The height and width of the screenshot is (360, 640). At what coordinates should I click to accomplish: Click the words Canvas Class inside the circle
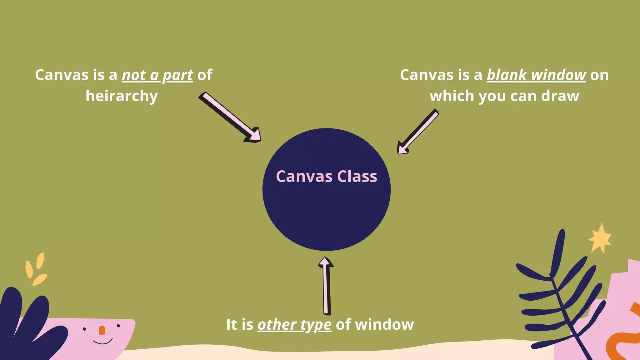coord(326,176)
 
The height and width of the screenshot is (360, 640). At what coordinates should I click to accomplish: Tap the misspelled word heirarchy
coord(122,96)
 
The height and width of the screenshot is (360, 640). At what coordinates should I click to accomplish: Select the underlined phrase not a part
coord(157,75)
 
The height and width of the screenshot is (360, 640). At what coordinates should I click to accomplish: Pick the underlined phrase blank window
coord(536,75)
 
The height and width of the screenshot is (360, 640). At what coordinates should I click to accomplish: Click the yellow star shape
coord(600,239)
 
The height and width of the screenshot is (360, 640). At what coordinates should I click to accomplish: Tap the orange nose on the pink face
coord(102,330)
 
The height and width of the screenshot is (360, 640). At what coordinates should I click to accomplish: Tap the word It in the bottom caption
coord(232,325)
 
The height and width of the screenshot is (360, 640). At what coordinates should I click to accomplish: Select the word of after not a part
coord(205,75)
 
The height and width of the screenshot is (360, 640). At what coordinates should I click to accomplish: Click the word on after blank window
coord(599,75)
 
